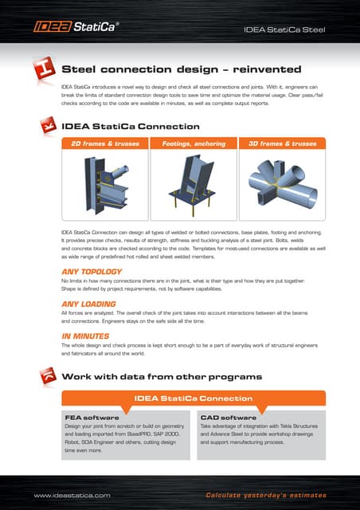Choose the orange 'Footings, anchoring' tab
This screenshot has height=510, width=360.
[194, 144]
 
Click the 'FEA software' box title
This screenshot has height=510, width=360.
[92, 417]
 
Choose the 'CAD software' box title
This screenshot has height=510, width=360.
[229, 417]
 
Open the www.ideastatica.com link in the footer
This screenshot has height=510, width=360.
[72, 495]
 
